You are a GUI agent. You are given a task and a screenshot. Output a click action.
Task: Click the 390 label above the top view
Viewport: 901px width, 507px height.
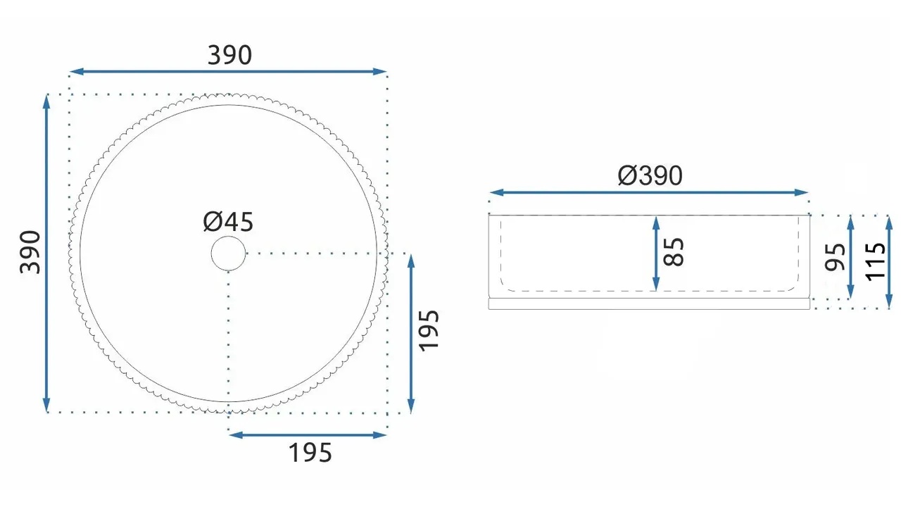(x=229, y=55)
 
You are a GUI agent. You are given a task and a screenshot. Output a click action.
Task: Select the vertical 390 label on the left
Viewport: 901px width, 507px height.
(x=30, y=252)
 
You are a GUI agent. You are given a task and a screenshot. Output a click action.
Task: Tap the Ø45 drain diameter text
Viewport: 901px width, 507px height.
(x=228, y=222)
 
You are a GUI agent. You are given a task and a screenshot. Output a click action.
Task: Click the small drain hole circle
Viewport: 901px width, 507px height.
(x=228, y=236)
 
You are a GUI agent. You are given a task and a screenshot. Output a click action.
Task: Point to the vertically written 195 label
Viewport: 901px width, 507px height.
(x=429, y=331)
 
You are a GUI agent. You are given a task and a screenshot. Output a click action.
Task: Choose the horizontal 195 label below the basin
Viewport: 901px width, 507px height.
(x=310, y=453)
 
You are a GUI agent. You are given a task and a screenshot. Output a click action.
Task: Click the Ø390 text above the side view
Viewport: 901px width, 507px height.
(x=650, y=176)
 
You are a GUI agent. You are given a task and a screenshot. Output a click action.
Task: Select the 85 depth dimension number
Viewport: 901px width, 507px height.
(x=674, y=252)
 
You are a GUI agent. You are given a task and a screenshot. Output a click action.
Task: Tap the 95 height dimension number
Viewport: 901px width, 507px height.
(x=835, y=257)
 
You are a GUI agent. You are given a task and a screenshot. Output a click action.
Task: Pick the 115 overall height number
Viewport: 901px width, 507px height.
(x=875, y=261)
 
